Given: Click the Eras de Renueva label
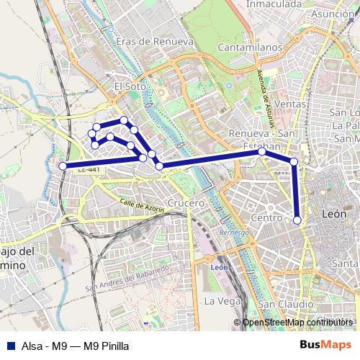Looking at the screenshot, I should [x=155, y=42].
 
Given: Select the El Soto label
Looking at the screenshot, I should [x=130, y=86].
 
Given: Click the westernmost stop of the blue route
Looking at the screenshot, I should [x=63, y=166].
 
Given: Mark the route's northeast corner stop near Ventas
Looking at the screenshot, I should [x=294, y=161].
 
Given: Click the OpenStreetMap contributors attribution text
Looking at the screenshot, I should [x=298, y=323].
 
